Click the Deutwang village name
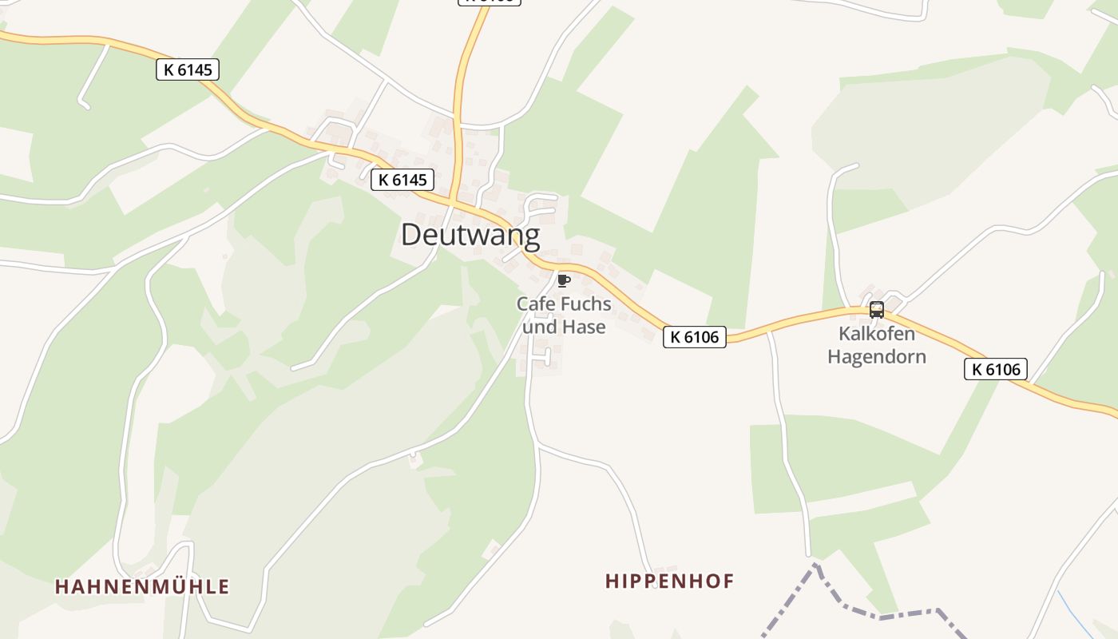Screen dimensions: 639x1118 pos(470,235)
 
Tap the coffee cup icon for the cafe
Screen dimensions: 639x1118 pos(563,280)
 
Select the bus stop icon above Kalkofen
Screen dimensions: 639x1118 pos(876,310)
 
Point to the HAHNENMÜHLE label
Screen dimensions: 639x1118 pos(142,586)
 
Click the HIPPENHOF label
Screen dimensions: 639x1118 pos(669,581)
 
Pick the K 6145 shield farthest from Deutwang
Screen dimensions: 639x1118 pos(187,69)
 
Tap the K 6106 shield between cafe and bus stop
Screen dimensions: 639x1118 pos(694,337)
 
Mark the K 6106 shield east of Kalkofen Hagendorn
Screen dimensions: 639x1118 pos(995,369)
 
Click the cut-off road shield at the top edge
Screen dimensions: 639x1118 pos(489,2)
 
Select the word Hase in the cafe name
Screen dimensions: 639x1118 pos(584,327)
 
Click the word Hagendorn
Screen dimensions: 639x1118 pos(877,356)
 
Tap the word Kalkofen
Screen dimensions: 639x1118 pos(877,334)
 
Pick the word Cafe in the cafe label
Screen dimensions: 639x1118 pos(535,304)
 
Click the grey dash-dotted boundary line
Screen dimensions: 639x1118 pos(878,617)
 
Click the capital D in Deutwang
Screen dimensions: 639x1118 pos(411,235)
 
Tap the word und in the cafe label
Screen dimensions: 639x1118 pos(539,327)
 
